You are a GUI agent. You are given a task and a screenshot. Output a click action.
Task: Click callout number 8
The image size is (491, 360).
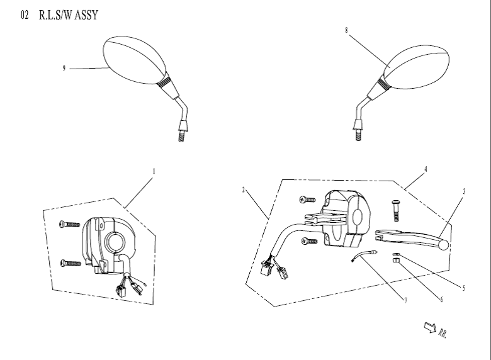pos(346,30)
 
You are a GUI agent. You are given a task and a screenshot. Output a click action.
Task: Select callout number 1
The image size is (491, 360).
pos(154,171)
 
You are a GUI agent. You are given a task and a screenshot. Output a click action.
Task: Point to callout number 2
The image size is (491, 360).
pos(243,189)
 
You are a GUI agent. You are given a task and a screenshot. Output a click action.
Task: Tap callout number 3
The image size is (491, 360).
pos(464,191)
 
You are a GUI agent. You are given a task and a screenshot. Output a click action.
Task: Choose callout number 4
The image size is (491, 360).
pos(426,169)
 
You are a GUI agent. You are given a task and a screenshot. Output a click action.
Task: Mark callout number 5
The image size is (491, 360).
pos(464,288)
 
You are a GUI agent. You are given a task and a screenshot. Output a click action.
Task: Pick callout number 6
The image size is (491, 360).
pos(441,299)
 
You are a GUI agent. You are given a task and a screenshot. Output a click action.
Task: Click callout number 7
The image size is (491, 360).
pos(405,300)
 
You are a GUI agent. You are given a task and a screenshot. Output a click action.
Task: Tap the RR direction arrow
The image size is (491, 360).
pos(431,326)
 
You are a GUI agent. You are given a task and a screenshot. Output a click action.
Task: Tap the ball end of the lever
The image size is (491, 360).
pos(445,244)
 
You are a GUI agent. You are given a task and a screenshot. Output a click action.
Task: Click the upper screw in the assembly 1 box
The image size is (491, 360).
pos(70,223)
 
